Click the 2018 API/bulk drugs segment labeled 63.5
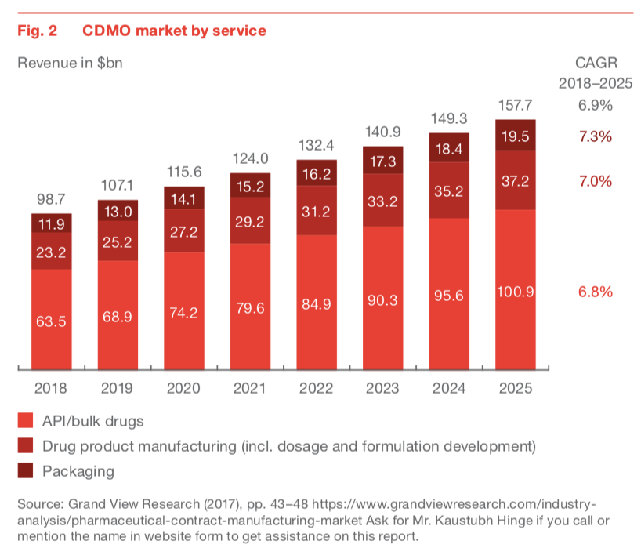click(52, 320)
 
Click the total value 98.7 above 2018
click(52, 201)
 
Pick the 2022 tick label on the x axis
click(317, 388)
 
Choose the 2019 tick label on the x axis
click(118, 388)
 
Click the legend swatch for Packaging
click(25, 471)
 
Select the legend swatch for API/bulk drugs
click(25, 421)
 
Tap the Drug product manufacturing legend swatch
click(25, 446)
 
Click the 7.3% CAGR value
click(595, 136)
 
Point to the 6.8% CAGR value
click(595, 292)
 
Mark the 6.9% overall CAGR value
click(595, 105)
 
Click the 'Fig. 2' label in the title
click(34, 31)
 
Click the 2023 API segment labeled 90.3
click(382, 299)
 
